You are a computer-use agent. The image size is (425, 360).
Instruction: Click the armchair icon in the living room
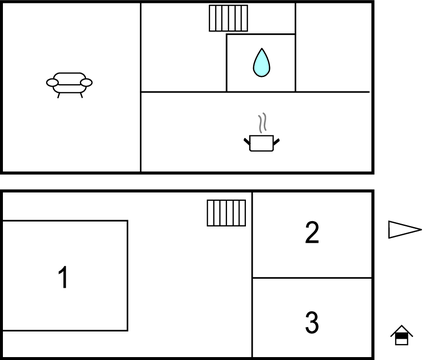point(69,85)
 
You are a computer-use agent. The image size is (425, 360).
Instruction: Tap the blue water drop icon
point(261,63)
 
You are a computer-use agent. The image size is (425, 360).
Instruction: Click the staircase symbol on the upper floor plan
point(228,18)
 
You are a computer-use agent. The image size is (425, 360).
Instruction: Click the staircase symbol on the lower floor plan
point(226,213)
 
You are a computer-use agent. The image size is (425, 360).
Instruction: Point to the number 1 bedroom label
point(63,277)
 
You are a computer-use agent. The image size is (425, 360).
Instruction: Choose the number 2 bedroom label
point(312,232)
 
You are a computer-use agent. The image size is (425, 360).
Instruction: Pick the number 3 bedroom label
point(312,322)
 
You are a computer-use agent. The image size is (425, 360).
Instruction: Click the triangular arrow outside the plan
point(405,230)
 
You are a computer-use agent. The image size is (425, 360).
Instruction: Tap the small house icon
point(402,335)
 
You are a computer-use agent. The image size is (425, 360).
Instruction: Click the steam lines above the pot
point(263,123)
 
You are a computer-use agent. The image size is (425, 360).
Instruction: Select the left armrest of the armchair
point(52,83)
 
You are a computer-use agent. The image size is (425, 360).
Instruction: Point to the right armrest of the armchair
point(86,82)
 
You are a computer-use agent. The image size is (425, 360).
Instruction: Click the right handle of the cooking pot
point(276,142)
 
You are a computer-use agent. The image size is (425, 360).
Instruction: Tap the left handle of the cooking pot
point(247,142)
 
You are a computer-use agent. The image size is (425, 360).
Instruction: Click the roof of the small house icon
point(402,329)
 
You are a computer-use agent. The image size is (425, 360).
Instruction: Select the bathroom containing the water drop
point(261,63)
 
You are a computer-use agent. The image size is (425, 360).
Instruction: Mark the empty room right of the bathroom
point(333,47)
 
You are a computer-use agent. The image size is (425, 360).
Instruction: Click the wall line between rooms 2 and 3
point(312,277)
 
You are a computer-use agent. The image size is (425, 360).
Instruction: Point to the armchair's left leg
point(59,95)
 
